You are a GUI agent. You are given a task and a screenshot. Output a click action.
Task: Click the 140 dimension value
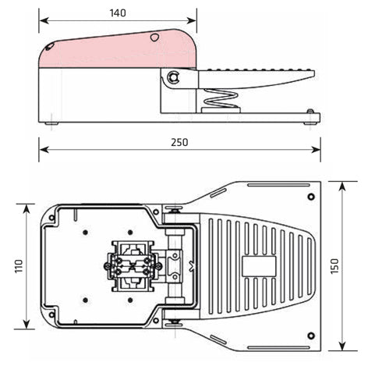tap(118, 13)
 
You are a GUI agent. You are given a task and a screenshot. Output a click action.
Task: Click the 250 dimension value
tap(179, 142)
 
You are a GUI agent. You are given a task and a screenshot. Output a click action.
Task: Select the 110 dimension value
tap(19, 266)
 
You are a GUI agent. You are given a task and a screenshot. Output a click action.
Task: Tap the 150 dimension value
tap(334, 266)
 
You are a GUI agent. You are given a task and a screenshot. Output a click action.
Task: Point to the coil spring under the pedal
tap(221, 99)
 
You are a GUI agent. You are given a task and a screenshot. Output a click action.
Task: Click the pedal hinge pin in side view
tap(173, 77)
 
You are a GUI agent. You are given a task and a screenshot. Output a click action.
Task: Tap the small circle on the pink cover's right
tap(154, 37)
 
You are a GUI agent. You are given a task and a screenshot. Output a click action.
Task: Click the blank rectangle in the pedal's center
tap(259, 266)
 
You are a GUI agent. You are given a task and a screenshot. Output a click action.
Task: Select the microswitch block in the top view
tap(133, 266)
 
